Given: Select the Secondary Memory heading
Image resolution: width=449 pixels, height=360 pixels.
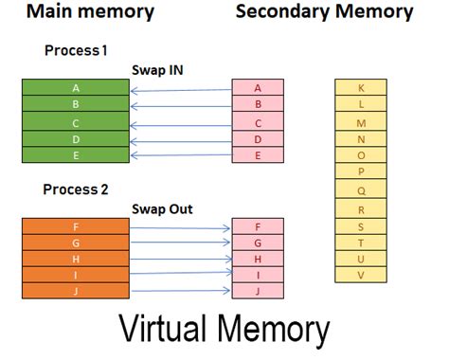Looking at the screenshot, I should pos(324,12).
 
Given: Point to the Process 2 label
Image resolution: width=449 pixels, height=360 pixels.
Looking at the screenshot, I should pos(77,189).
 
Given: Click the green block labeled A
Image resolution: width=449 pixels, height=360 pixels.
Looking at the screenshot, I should pos(76,88).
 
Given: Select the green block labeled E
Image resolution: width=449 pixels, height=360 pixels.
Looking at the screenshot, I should pos(76,155).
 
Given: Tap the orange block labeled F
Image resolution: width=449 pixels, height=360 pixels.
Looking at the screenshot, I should pos(76,226).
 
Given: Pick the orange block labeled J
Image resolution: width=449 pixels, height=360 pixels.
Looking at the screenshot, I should pos(76,291).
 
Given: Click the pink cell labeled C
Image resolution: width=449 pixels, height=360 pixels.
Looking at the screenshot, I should pos(258,122).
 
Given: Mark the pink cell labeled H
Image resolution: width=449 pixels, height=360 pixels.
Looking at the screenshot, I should pos(258,259).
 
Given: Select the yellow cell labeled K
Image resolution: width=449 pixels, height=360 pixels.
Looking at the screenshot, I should pos(361,88).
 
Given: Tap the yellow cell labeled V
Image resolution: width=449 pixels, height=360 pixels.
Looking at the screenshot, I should pos(361,275).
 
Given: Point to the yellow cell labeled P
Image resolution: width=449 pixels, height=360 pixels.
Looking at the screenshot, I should pos(361,172).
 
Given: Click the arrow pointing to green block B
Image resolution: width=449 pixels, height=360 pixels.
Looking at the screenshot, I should pos(181,105).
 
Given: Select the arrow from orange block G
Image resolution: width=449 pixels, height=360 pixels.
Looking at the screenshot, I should pos(181,243).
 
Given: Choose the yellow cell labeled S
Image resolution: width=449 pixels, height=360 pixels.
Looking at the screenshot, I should pos(361,225).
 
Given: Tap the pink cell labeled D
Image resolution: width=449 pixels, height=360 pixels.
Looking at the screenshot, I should pos(258,139).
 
